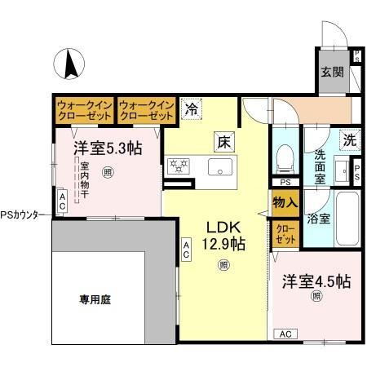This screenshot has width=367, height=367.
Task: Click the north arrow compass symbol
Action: (70, 63)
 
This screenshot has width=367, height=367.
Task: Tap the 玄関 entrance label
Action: (333, 71)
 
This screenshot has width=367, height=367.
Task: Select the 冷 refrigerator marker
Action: (191, 108)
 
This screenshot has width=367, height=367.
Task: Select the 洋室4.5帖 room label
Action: (316, 282)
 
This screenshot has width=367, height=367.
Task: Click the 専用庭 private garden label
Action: (95, 299)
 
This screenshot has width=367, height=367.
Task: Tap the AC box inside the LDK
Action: (187, 250)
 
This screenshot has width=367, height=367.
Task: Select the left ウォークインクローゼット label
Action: (84, 110)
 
